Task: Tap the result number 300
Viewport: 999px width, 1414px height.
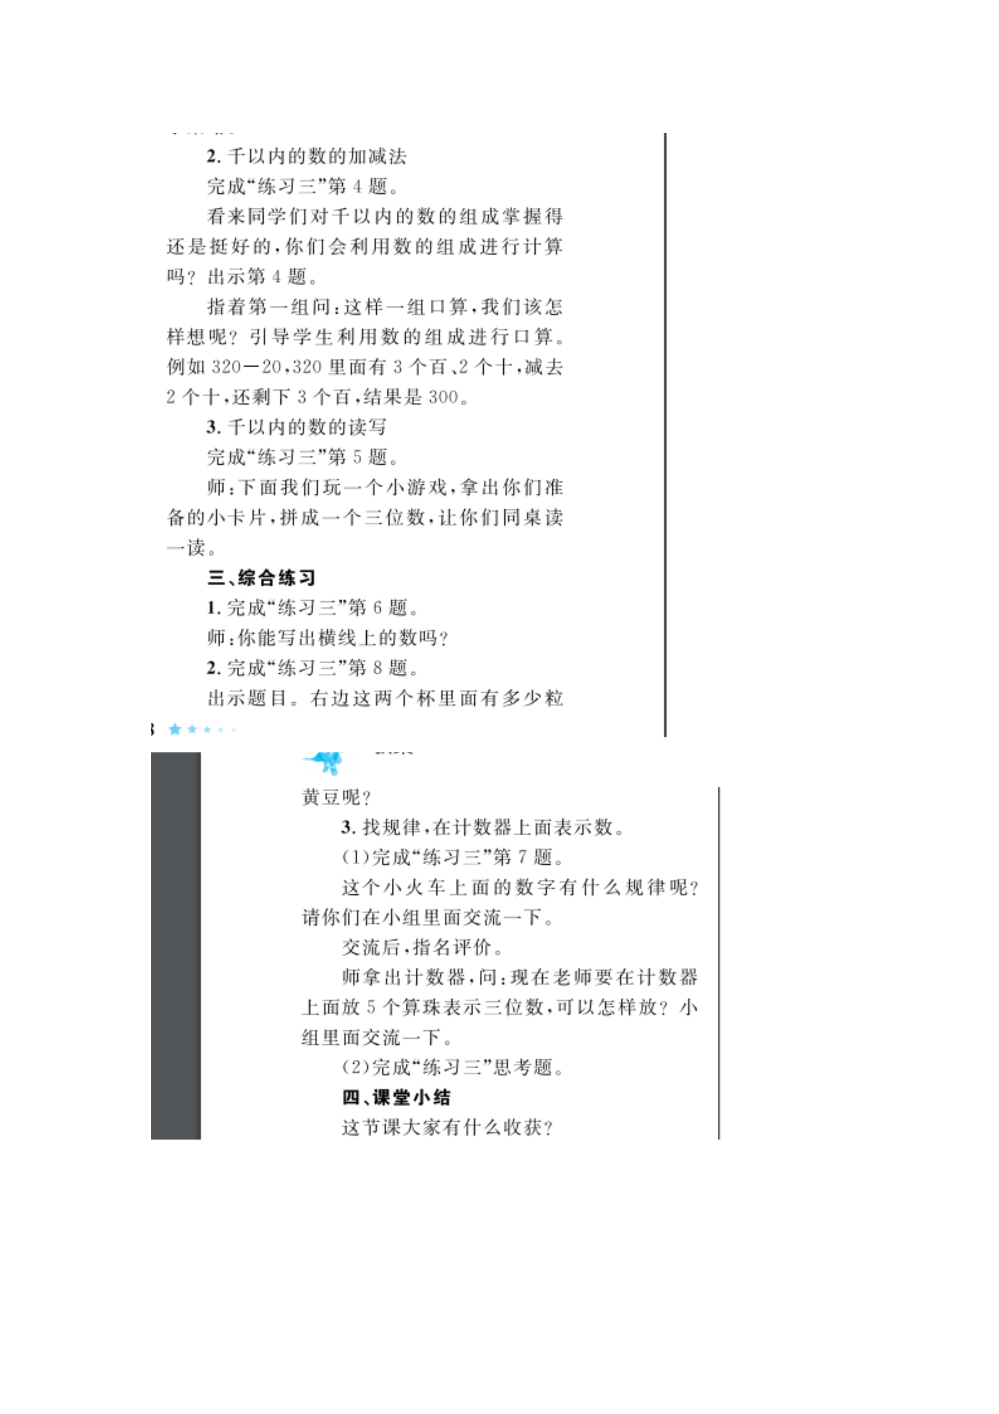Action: point(443,397)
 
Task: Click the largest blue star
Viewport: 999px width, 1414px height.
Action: point(175,729)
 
